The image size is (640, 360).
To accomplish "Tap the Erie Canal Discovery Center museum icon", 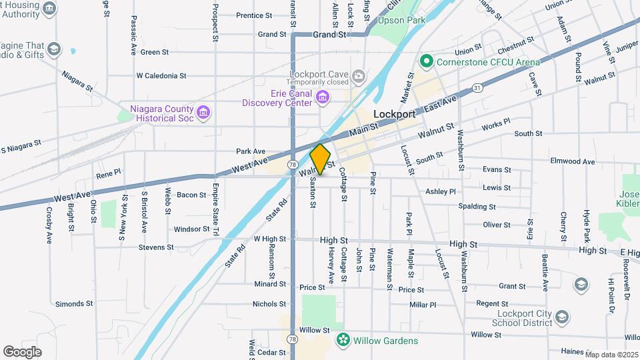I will (323, 99).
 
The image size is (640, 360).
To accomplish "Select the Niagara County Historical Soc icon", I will (204, 113).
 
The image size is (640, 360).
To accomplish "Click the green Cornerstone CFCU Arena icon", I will (427, 62).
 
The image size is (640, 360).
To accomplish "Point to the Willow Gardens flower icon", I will (343, 340).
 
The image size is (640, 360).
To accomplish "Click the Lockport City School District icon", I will (562, 317).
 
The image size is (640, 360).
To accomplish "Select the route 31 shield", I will (477, 87).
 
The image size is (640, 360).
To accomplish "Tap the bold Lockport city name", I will (395, 114).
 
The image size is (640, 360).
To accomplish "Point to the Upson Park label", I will (401, 21).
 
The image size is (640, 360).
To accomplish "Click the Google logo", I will (22, 351).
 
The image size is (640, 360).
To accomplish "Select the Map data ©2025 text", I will (611, 355).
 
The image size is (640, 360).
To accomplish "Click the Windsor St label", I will (191, 229).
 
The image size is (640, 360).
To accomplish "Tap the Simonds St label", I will (73, 304).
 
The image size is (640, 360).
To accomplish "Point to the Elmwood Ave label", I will (572, 161).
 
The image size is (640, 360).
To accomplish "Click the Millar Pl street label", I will (423, 305).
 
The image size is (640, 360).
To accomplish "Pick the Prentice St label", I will (254, 15).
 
